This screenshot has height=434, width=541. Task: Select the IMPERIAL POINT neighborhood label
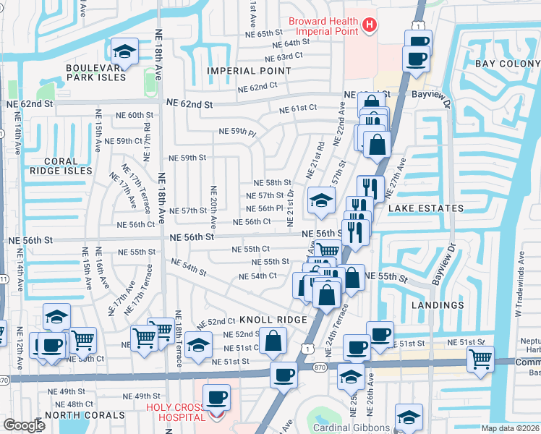click(x=249, y=71)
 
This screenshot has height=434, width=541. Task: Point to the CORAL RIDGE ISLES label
click(x=60, y=166)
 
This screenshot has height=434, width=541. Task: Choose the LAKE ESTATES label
click(x=425, y=208)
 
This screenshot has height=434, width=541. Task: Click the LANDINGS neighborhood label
click(x=437, y=305)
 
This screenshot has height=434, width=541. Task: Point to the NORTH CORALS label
click(x=77, y=415)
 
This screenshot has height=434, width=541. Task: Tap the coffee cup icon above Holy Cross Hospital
click(x=216, y=396)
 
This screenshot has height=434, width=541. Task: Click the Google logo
click(x=24, y=425)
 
